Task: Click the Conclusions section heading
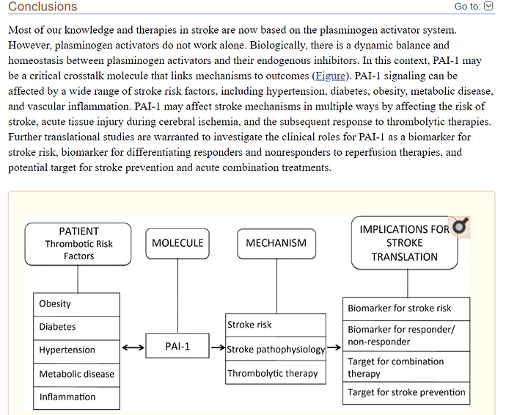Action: coord(43,7)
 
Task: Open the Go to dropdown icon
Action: coord(489,7)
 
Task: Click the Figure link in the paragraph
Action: coord(330,76)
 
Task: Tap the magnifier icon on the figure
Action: coord(461,227)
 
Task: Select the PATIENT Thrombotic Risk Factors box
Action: coord(78,243)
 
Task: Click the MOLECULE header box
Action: coord(177,243)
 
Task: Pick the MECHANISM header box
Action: coord(276,243)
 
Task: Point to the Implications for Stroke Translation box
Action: coord(404,243)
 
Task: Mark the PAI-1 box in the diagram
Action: coord(177,347)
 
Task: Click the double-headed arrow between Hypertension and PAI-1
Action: coord(133,347)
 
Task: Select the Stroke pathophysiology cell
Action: coord(276,349)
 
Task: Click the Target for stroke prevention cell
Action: coord(406,392)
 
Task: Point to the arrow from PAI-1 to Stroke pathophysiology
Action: coord(218,347)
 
